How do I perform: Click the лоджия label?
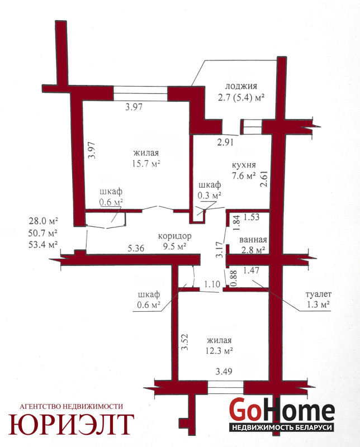click(x=241, y=87)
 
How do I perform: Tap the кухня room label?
click(x=244, y=165)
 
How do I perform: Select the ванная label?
click(x=253, y=240)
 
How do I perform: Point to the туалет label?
click(x=318, y=294)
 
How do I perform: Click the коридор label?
click(x=174, y=236)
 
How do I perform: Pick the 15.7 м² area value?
click(x=146, y=164)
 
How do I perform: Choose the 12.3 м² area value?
click(x=219, y=350)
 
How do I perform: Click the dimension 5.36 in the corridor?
click(x=136, y=248)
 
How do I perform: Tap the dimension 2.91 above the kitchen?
click(x=225, y=142)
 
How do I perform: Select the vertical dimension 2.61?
click(x=264, y=179)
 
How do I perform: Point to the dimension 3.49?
click(x=224, y=372)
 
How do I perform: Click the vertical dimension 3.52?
click(x=185, y=343)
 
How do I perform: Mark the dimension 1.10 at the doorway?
click(x=212, y=284)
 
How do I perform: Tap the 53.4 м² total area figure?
click(x=43, y=245)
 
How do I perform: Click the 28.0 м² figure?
click(x=43, y=221)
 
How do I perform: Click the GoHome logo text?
click(x=282, y=410)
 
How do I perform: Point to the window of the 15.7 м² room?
click(x=140, y=93)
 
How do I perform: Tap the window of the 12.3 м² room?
click(x=225, y=387)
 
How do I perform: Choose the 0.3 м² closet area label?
click(x=210, y=196)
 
